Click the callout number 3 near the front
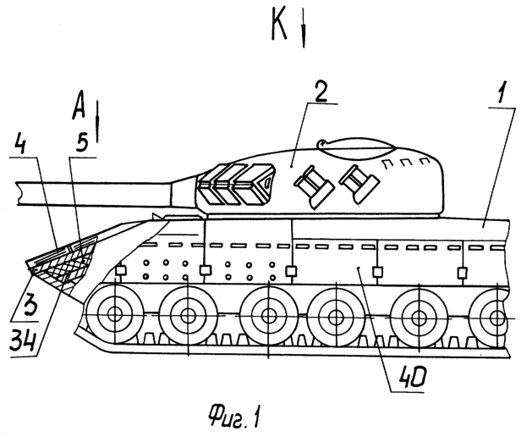[x=25, y=307]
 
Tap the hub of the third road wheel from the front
[x=268, y=316]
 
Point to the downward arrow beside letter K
[x=304, y=29]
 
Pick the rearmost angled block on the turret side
[x=359, y=184]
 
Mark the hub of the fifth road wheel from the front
[x=418, y=318]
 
